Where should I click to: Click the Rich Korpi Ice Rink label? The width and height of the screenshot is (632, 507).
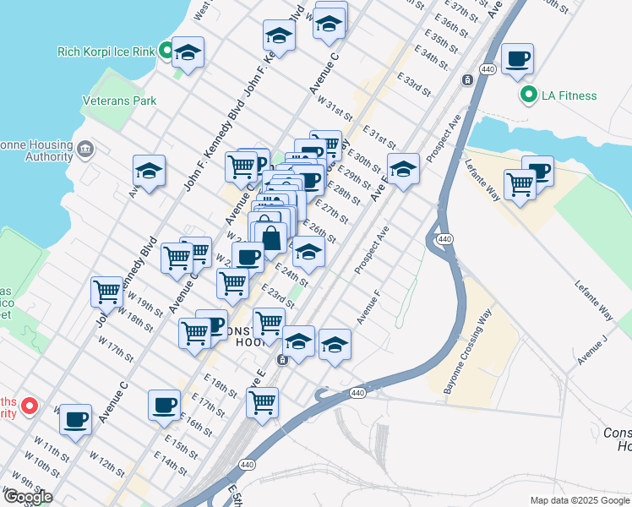[x=106, y=52]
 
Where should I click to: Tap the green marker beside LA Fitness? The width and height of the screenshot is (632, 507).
[x=530, y=95]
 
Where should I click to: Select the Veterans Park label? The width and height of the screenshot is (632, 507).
[x=120, y=101]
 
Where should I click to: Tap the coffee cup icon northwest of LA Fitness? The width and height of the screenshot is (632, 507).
[x=517, y=59]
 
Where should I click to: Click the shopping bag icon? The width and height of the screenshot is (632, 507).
[x=270, y=237]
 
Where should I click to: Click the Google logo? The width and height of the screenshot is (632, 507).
[x=28, y=497]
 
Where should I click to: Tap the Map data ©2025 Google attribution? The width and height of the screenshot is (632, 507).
[x=580, y=500]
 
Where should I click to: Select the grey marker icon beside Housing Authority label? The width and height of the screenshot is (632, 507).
[x=85, y=150]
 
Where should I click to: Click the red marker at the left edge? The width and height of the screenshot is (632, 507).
[x=29, y=406]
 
